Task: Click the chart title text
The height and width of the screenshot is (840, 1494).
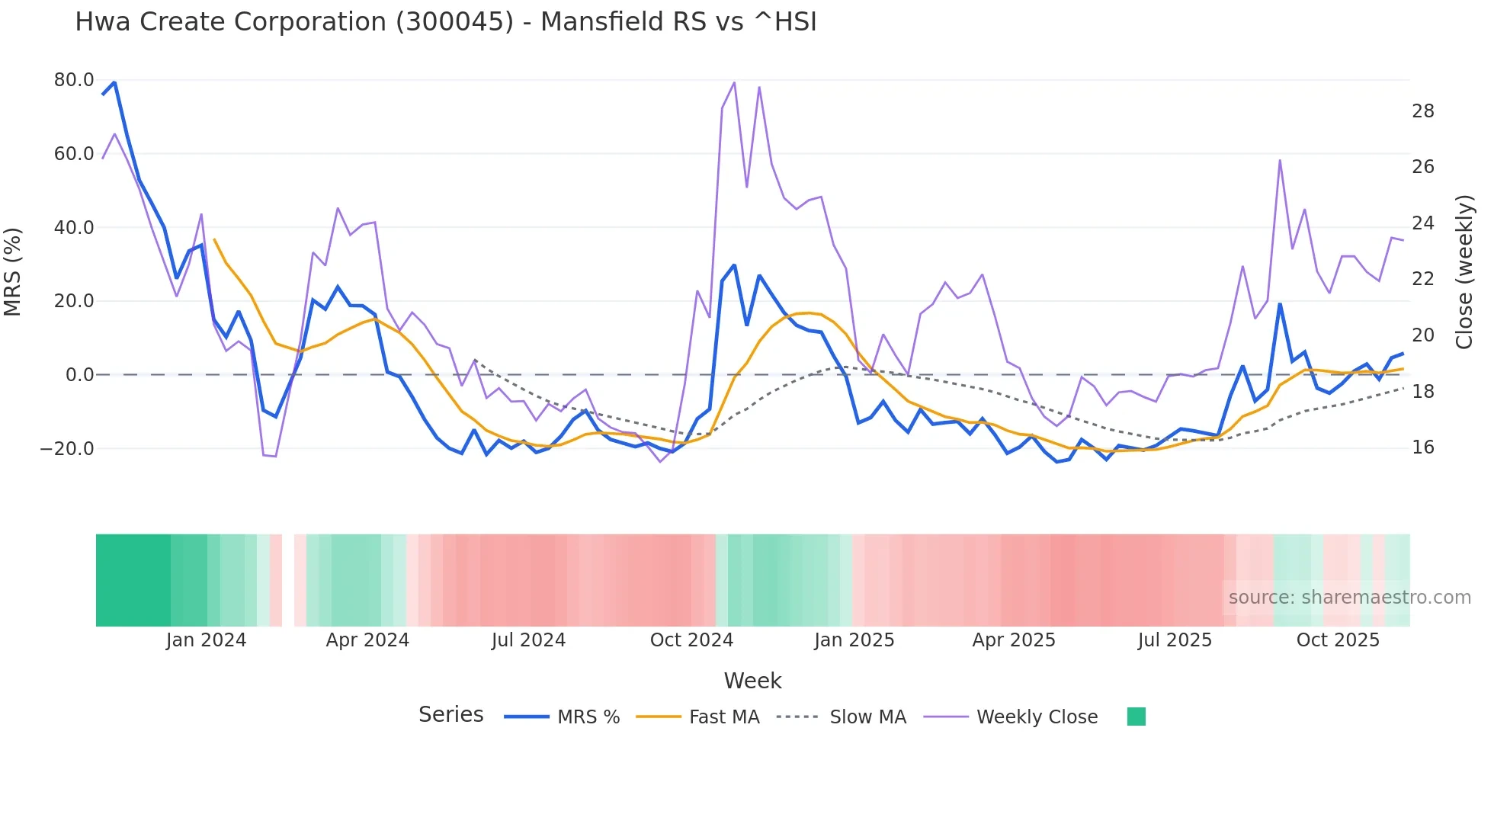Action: (445, 22)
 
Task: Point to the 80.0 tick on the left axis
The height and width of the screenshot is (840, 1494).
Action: (74, 80)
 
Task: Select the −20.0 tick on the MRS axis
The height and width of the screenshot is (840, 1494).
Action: (67, 449)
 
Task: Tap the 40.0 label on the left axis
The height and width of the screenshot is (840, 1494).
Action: (74, 228)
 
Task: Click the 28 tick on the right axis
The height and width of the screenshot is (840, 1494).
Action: (1422, 111)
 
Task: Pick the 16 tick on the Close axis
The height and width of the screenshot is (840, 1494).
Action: (1422, 447)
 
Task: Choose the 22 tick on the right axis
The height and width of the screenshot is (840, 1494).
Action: (1422, 279)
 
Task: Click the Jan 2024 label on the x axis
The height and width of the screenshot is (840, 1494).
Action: (206, 640)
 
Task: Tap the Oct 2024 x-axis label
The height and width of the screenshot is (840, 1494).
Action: (691, 640)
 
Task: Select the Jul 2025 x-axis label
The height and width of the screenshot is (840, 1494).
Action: (1175, 640)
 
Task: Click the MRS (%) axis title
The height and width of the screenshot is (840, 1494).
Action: (13, 271)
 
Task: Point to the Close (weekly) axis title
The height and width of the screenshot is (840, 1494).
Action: (1464, 272)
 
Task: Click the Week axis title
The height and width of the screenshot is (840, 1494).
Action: (752, 681)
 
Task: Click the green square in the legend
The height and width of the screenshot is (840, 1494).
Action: (1136, 717)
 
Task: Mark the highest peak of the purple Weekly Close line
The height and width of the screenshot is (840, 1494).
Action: (734, 82)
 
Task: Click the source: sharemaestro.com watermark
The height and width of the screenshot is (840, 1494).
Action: (1349, 598)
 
